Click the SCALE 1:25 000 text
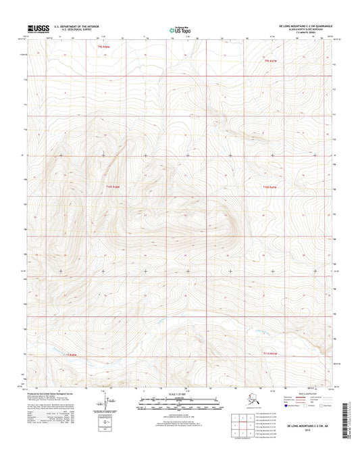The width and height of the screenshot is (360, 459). pyautogui.click(x=178, y=393)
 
